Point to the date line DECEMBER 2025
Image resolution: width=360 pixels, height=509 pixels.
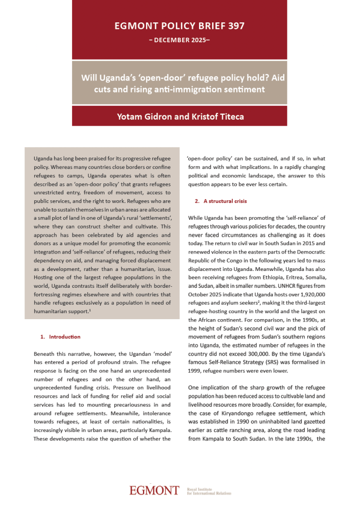[x=179, y=39]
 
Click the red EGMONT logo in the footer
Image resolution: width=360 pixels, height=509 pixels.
[x=154, y=490]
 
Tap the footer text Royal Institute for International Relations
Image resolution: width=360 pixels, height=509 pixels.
[x=209, y=491]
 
